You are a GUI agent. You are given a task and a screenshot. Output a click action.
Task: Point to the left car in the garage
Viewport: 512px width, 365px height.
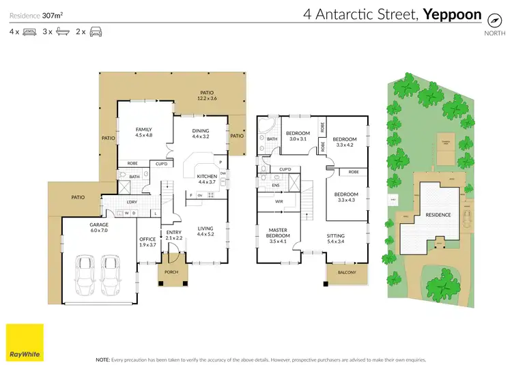click(x=85, y=275)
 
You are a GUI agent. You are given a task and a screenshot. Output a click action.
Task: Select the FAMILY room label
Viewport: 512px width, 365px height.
click(x=143, y=129)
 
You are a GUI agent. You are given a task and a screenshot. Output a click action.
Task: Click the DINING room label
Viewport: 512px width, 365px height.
click(x=200, y=130)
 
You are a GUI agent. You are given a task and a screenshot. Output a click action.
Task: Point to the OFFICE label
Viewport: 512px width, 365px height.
click(x=147, y=239)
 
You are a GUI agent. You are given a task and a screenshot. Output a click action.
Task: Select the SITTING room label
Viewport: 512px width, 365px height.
click(x=345, y=235)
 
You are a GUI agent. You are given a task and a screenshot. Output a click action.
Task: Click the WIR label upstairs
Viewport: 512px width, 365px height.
click(x=279, y=202)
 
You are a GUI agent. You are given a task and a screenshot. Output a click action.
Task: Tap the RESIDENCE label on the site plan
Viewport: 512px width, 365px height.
click(x=438, y=215)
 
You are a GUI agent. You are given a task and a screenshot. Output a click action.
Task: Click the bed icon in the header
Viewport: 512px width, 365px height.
click(x=29, y=32)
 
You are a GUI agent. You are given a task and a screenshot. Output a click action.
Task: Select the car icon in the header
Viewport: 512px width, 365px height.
click(x=96, y=32)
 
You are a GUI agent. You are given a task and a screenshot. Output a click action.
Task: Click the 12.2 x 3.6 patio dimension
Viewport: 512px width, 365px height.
click(x=207, y=99)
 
